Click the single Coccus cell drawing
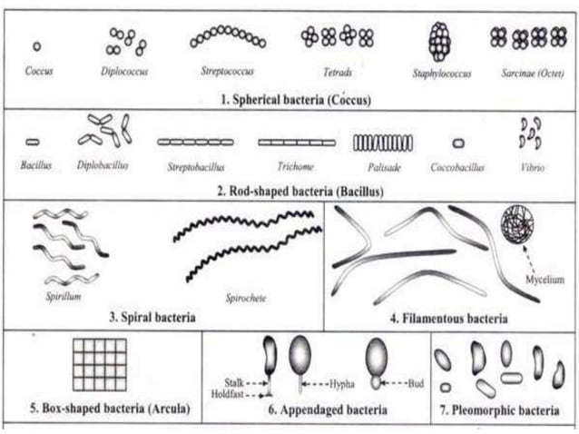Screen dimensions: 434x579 tap(36, 45)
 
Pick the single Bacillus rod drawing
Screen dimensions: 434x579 tap(32, 142)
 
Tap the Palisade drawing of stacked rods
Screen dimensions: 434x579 tap(382, 143)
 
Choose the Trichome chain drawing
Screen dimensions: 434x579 tap(296, 143)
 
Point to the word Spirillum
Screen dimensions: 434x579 tap(63, 295)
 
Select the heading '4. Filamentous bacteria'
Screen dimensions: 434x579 tap(448, 319)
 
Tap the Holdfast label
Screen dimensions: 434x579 tap(236, 393)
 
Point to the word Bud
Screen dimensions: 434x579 tap(418, 382)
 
